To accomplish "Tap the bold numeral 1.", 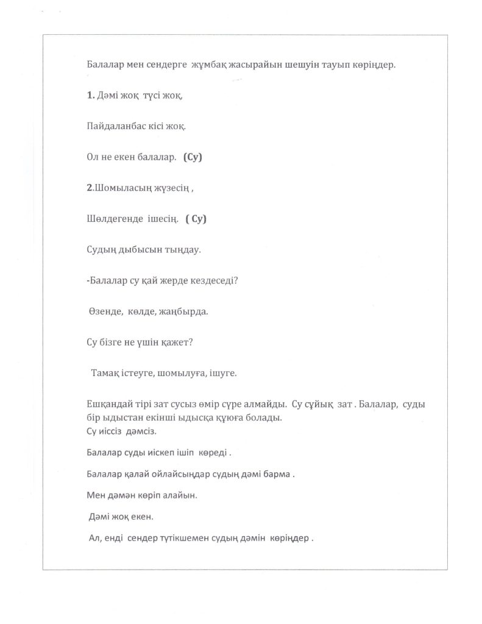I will click(90, 95).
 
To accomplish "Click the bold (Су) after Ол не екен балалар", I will click(192, 157).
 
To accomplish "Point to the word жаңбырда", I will click(183, 311).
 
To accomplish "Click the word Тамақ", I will click(104, 374).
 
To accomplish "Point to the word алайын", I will click(182, 495).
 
